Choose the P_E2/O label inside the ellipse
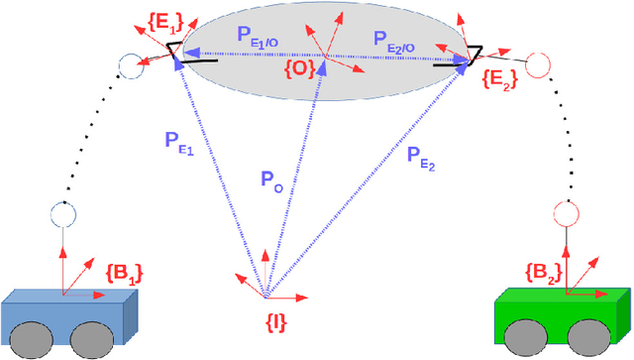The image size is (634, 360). pos(401,41)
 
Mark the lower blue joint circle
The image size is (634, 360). pos(61,215)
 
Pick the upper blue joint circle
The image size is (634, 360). pos(130,67)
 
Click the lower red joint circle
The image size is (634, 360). pos(566,212)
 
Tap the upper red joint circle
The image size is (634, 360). pos(536,65)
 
